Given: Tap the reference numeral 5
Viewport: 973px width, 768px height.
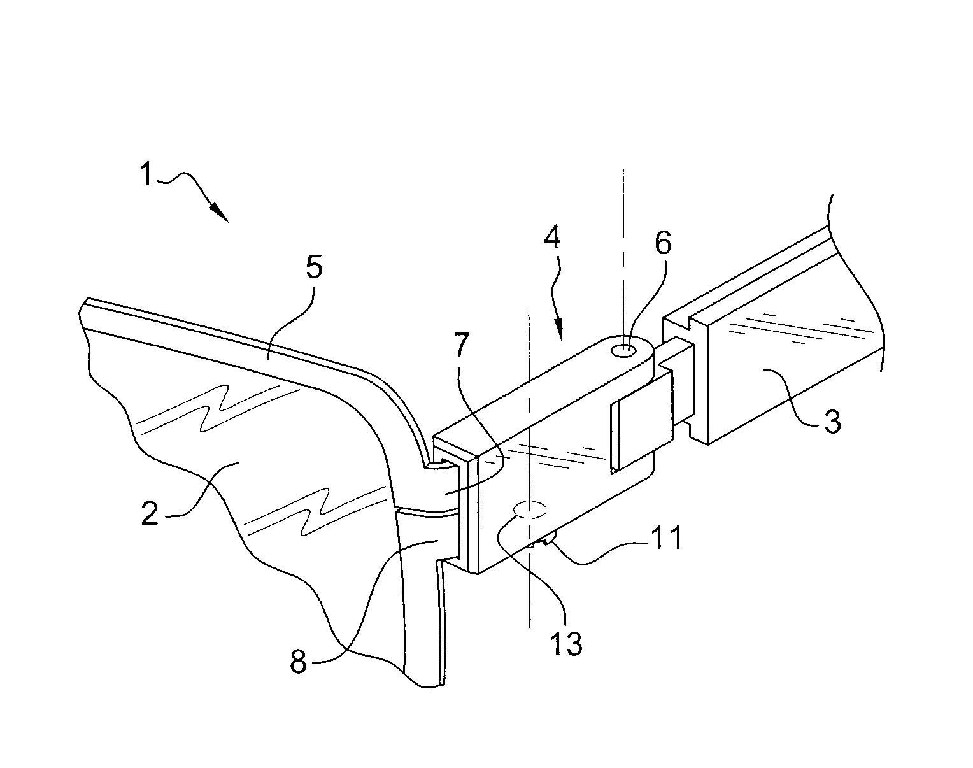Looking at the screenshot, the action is [x=314, y=267].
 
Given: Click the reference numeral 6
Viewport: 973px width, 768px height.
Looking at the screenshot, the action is [x=664, y=243].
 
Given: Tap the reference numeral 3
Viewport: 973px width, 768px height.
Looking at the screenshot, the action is [x=832, y=421].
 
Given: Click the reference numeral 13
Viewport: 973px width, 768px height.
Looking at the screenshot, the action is [x=565, y=643].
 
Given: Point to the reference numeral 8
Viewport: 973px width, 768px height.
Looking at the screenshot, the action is [x=299, y=662].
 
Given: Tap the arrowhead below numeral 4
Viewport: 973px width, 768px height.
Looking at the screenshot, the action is [x=560, y=330].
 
